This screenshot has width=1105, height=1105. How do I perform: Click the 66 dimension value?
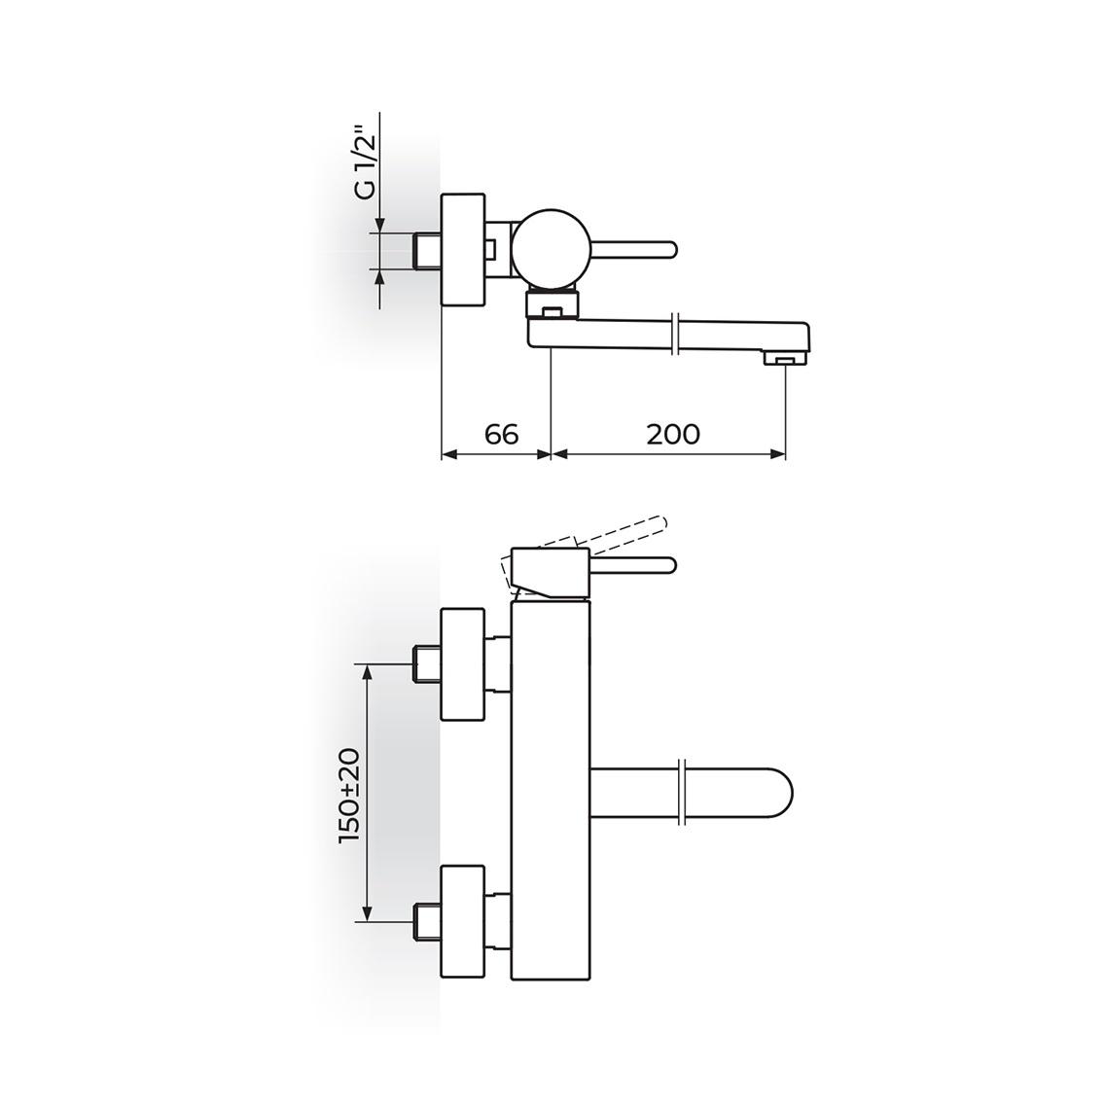click(502, 434)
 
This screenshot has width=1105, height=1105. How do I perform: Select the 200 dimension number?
click(673, 434)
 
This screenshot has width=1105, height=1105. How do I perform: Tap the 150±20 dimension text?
click(350, 796)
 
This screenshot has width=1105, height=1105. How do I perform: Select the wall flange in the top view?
click(463, 250)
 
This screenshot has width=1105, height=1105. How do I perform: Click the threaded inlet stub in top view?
click(427, 250)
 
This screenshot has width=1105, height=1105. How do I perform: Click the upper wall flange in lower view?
click(463, 664)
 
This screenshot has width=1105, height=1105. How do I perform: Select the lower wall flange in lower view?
click(463, 921)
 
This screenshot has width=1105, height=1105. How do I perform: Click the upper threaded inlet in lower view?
click(427, 664)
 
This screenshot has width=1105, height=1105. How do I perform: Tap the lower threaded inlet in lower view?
click(427, 921)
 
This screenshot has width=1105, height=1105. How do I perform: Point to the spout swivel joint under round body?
click(552, 303)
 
